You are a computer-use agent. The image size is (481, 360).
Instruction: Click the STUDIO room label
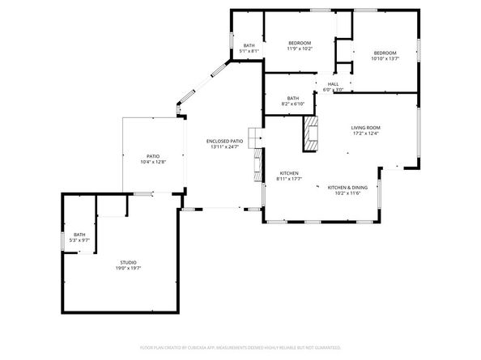tap(128, 262)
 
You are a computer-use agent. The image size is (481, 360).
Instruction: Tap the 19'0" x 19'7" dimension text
tap(128, 268)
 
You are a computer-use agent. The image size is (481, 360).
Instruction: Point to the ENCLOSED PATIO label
tap(224, 142)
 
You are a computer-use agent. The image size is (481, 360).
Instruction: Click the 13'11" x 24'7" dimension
tap(224, 147)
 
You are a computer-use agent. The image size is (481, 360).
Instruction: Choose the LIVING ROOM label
tap(366, 128)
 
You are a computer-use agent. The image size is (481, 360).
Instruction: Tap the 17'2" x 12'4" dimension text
tap(366, 133)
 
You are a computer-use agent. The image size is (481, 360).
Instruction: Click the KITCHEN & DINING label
tap(347, 188)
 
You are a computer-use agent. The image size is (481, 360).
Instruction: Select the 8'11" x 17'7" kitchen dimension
tap(290, 180)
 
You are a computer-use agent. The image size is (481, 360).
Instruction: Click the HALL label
tap(333, 84)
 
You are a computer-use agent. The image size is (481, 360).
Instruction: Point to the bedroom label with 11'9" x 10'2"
tap(300, 43)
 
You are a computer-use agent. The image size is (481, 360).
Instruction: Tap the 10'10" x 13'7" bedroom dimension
tap(385, 58)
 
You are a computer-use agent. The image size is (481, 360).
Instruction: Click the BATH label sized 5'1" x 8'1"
tap(249, 45)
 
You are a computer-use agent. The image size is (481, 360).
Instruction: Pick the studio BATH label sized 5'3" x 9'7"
tap(79, 235)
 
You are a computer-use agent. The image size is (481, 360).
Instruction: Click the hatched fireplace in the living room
tap(309, 133)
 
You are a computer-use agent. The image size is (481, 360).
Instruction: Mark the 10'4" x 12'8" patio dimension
tap(152, 162)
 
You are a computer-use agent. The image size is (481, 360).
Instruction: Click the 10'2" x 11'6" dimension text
tap(347, 193)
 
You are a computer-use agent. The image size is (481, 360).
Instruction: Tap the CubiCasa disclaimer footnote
tap(240, 347)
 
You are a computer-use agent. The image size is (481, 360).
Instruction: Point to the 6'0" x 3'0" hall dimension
tap(333, 90)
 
